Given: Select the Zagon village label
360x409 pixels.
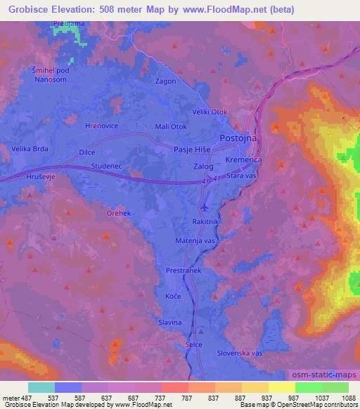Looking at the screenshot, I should (x=165, y=81).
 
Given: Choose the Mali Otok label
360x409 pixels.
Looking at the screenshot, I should (x=170, y=126).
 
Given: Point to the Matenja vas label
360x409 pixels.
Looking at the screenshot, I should (x=195, y=240).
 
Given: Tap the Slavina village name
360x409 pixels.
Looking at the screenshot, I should (x=170, y=322).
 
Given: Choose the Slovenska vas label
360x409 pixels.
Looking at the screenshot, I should (x=239, y=352).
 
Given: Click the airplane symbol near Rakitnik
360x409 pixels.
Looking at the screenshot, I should (x=204, y=208).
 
